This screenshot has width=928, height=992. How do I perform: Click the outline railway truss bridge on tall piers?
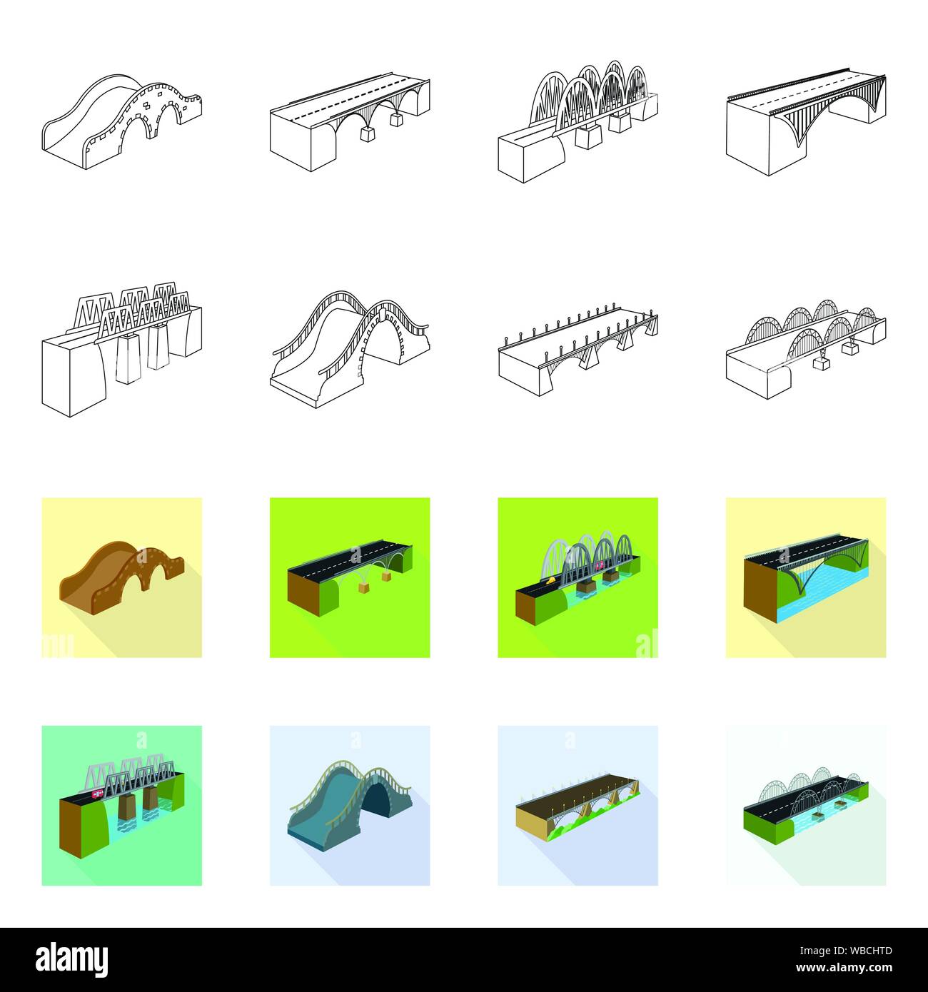point(121,350)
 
